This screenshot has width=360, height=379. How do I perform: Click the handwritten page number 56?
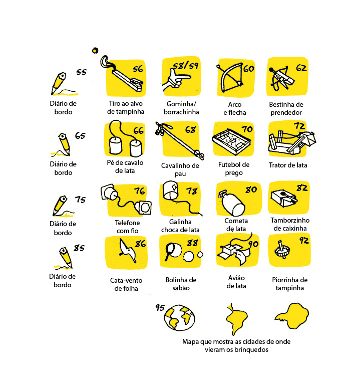click(138, 69)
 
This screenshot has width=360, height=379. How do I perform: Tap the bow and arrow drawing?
click(230, 77)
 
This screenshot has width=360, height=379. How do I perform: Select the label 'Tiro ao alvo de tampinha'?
click(126, 107)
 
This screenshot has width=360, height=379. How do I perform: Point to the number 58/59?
click(186, 66)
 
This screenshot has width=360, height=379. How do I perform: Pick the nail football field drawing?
click(231, 142)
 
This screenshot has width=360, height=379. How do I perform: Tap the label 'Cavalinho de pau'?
click(180, 169)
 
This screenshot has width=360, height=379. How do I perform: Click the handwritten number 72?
click(299, 126)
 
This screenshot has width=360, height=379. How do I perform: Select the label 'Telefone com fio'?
click(127, 227)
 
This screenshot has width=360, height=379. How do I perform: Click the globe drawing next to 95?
click(179, 317)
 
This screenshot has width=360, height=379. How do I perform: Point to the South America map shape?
click(236, 318)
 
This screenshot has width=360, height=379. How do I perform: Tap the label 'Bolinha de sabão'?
click(181, 284)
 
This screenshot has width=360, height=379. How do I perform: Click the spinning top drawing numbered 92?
click(282, 250)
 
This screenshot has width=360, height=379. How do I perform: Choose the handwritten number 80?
click(251, 189)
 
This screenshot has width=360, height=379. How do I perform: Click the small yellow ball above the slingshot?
click(95, 51)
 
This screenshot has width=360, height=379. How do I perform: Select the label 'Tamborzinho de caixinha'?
click(290, 224)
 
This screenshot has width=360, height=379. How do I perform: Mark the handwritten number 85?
click(79, 248)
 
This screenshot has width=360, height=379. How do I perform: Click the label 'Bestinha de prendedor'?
click(286, 108)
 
